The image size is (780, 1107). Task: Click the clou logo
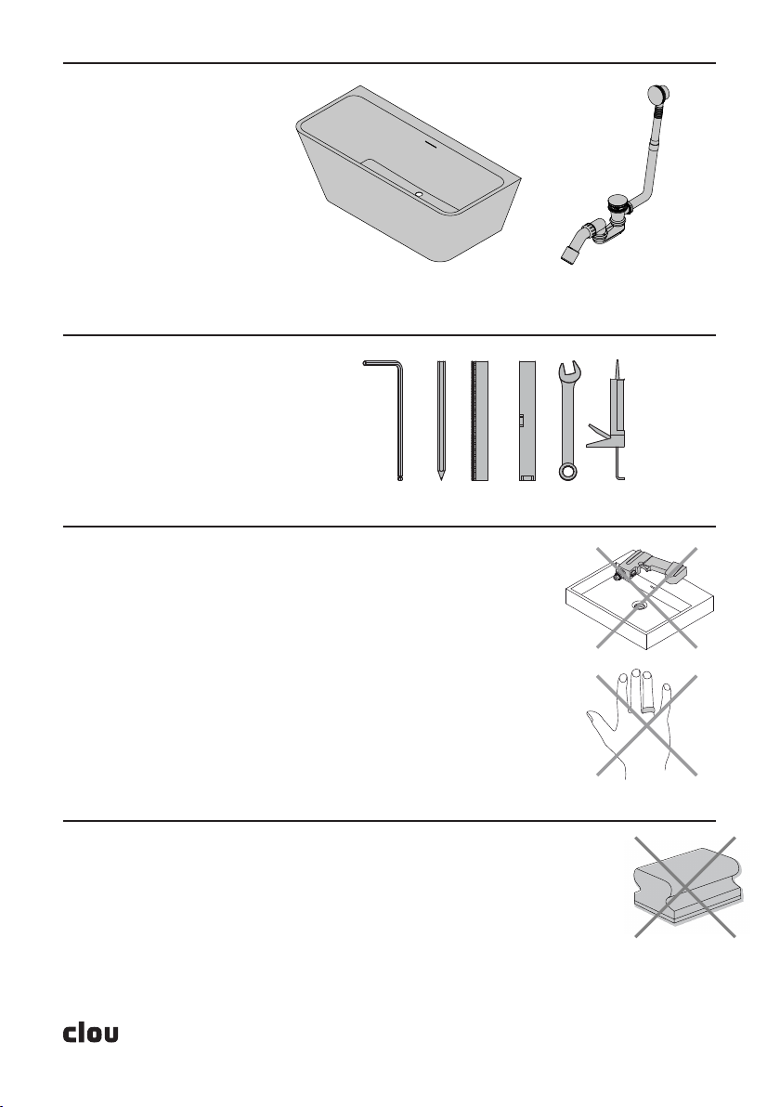[91, 1032]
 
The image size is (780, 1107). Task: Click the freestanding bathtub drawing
[408, 174]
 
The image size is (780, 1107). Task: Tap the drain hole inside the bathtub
[419, 193]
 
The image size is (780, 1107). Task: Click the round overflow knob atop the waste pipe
[657, 94]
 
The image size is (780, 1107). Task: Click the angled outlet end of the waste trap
[570, 254]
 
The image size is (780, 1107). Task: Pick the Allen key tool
[384, 420]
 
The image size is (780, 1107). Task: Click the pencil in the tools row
[441, 421]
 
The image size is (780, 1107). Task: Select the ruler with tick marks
[480, 421]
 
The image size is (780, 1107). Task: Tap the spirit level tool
[527, 421]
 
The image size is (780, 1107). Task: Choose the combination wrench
[568, 421]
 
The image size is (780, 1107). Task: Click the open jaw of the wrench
[569, 370]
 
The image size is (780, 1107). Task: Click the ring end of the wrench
[567, 471]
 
